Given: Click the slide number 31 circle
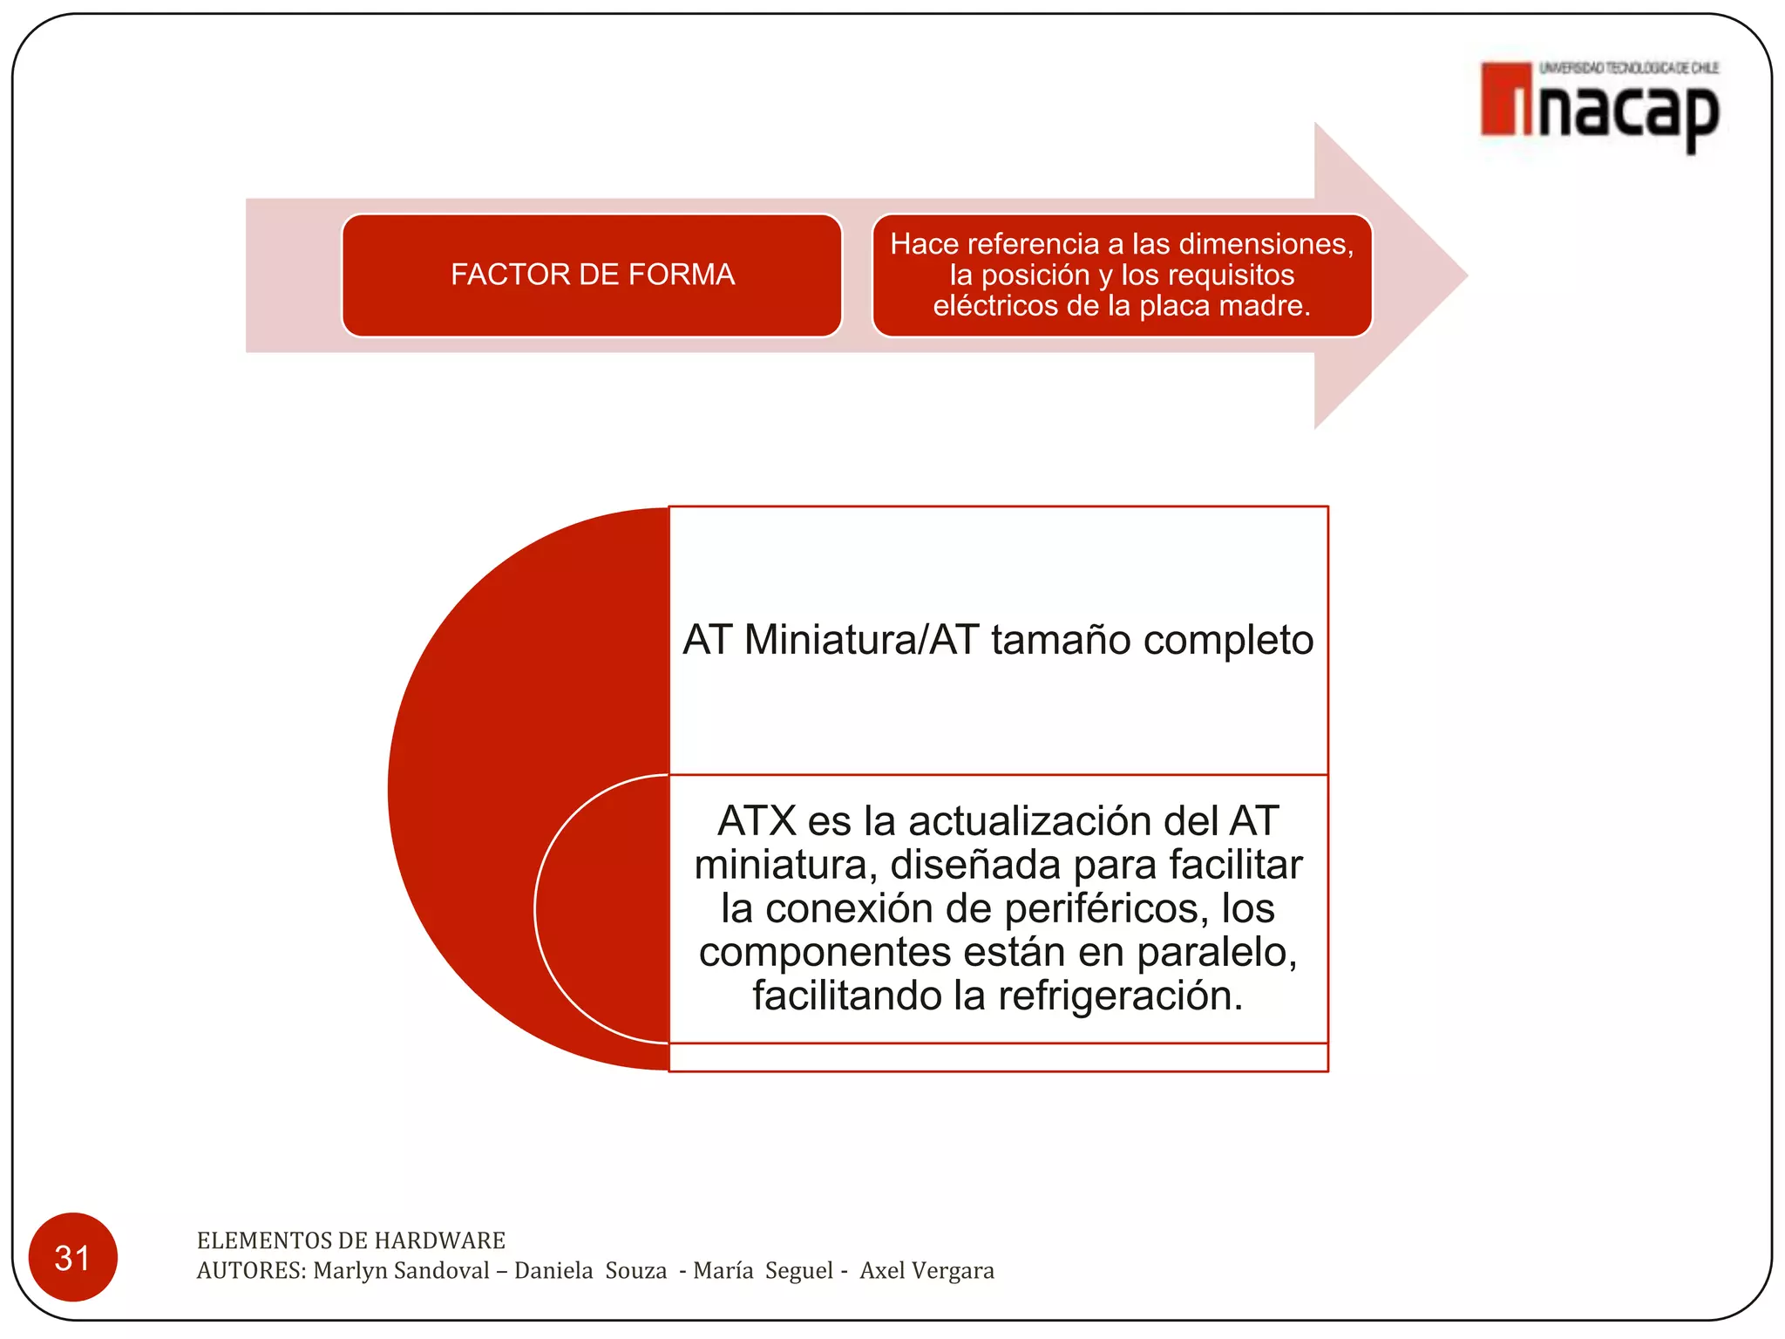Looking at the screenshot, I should tap(72, 1257).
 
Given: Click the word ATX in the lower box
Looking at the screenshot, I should tap(757, 821).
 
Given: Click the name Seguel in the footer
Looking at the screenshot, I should tap(799, 1271).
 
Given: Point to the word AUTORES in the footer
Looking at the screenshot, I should tap(251, 1271).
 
